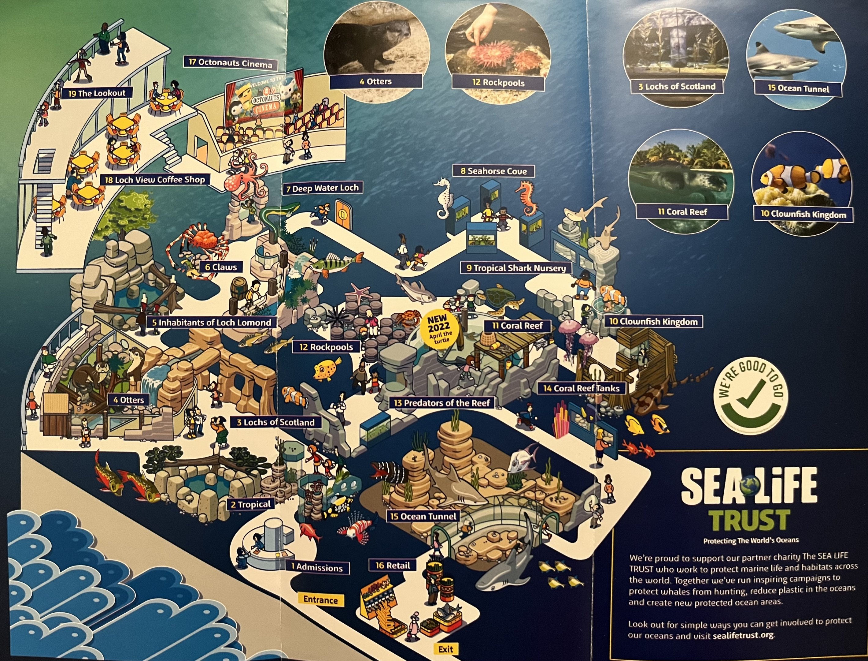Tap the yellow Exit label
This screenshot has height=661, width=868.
(445, 649)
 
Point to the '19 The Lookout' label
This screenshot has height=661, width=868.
(97, 93)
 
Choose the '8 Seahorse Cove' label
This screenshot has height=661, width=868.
(493, 171)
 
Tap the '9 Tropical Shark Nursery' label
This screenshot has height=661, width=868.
(516, 268)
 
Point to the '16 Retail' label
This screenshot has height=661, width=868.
(392, 566)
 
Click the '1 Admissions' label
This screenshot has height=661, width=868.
(317, 567)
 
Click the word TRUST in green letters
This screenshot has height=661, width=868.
(750, 520)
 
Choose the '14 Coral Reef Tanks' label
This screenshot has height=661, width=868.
(581, 388)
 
